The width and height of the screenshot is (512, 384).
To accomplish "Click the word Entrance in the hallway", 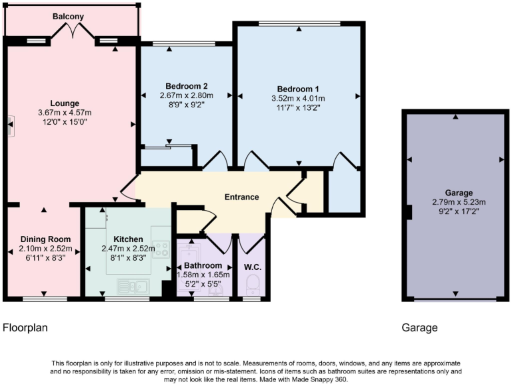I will click(x=241, y=197).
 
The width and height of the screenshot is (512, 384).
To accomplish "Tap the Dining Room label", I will click(x=45, y=239).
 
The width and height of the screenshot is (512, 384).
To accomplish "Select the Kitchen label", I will click(x=128, y=239).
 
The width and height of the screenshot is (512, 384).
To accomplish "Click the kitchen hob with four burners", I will click(x=161, y=249).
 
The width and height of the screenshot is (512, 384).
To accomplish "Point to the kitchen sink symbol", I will click(x=132, y=287).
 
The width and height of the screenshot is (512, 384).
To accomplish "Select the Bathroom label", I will click(x=198, y=265).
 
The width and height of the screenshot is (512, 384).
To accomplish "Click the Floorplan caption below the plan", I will click(x=25, y=327).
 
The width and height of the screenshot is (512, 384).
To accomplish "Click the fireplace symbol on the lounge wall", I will click(x=10, y=123).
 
